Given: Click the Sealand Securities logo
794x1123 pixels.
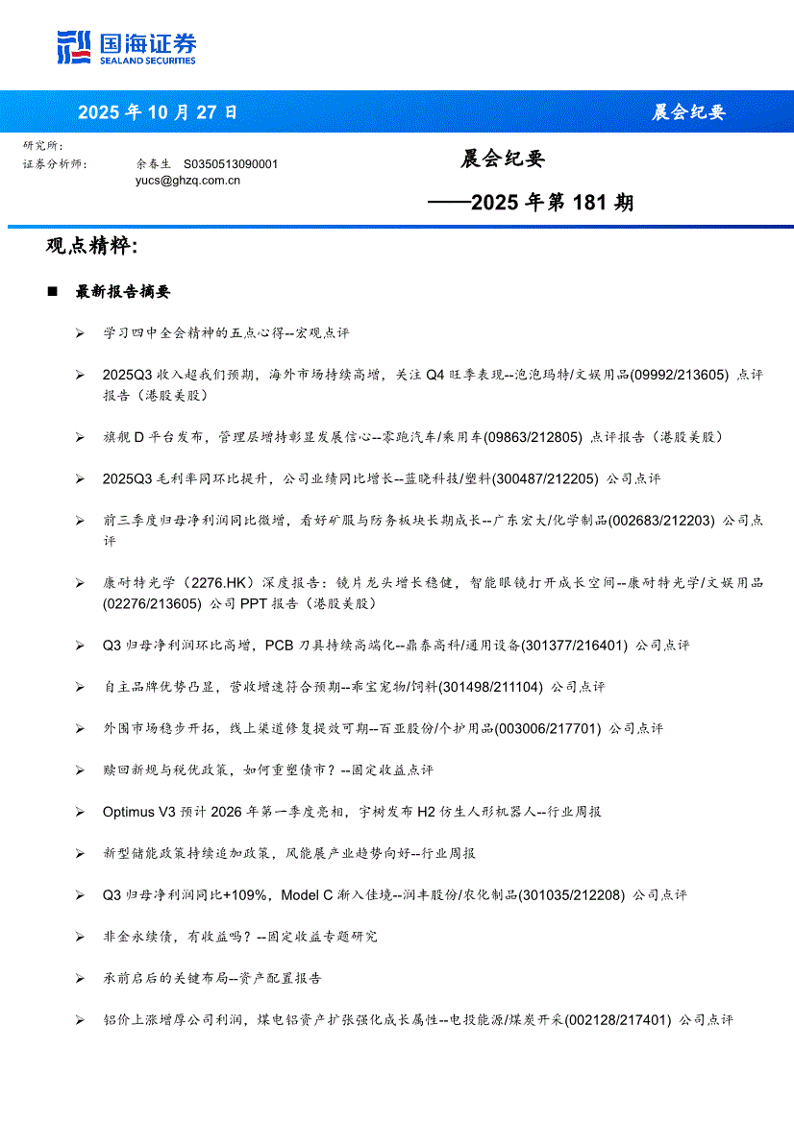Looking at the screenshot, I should point(126,47).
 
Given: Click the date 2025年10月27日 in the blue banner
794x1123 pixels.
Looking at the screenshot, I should point(158,112).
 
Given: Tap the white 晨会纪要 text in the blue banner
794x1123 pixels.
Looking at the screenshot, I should point(688,112).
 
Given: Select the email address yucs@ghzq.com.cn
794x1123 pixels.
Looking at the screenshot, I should point(187,180).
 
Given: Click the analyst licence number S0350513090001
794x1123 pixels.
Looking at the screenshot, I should point(231,164).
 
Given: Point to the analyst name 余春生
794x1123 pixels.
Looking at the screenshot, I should point(154,164).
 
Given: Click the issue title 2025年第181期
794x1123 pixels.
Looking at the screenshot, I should point(552,203).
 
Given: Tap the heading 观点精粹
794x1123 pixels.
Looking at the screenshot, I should point(91,246).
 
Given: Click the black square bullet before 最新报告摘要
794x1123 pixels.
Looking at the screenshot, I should point(52,291).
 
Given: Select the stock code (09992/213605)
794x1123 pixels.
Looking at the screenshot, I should point(676,375).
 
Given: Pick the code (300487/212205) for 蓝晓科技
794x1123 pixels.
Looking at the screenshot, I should point(546,478).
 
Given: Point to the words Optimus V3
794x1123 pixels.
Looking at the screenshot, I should point(140,812).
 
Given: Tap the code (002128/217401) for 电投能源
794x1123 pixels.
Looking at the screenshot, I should point(617,1019).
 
